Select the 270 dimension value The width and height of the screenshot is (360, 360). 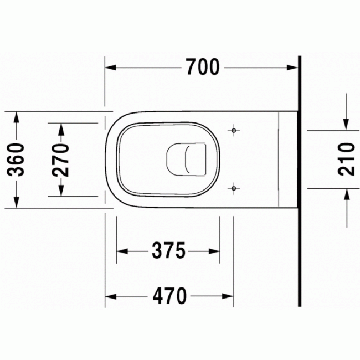tap(61, 160)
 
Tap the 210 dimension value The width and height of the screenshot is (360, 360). tap(346, 160)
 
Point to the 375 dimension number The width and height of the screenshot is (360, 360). tap(168, 251)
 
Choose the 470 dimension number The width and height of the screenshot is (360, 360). tap(169, 296)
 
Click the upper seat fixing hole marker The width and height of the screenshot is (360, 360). tap(234, 131)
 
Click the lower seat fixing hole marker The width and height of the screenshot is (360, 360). tap(234, 189)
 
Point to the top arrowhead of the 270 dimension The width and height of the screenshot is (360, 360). tap(61, 128)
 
